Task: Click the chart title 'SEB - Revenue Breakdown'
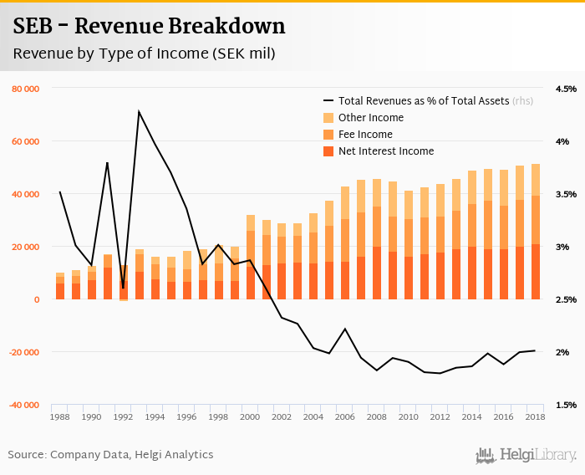[150, 26]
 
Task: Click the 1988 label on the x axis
[60, 416]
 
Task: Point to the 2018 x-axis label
[535, 416]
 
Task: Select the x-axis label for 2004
[313, 416]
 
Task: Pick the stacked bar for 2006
[345, 243]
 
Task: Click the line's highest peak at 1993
[139, 111]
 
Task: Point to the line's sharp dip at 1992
[123, 288]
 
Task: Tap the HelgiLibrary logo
[526, 455]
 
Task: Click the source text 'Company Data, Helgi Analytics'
[132, 455]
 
